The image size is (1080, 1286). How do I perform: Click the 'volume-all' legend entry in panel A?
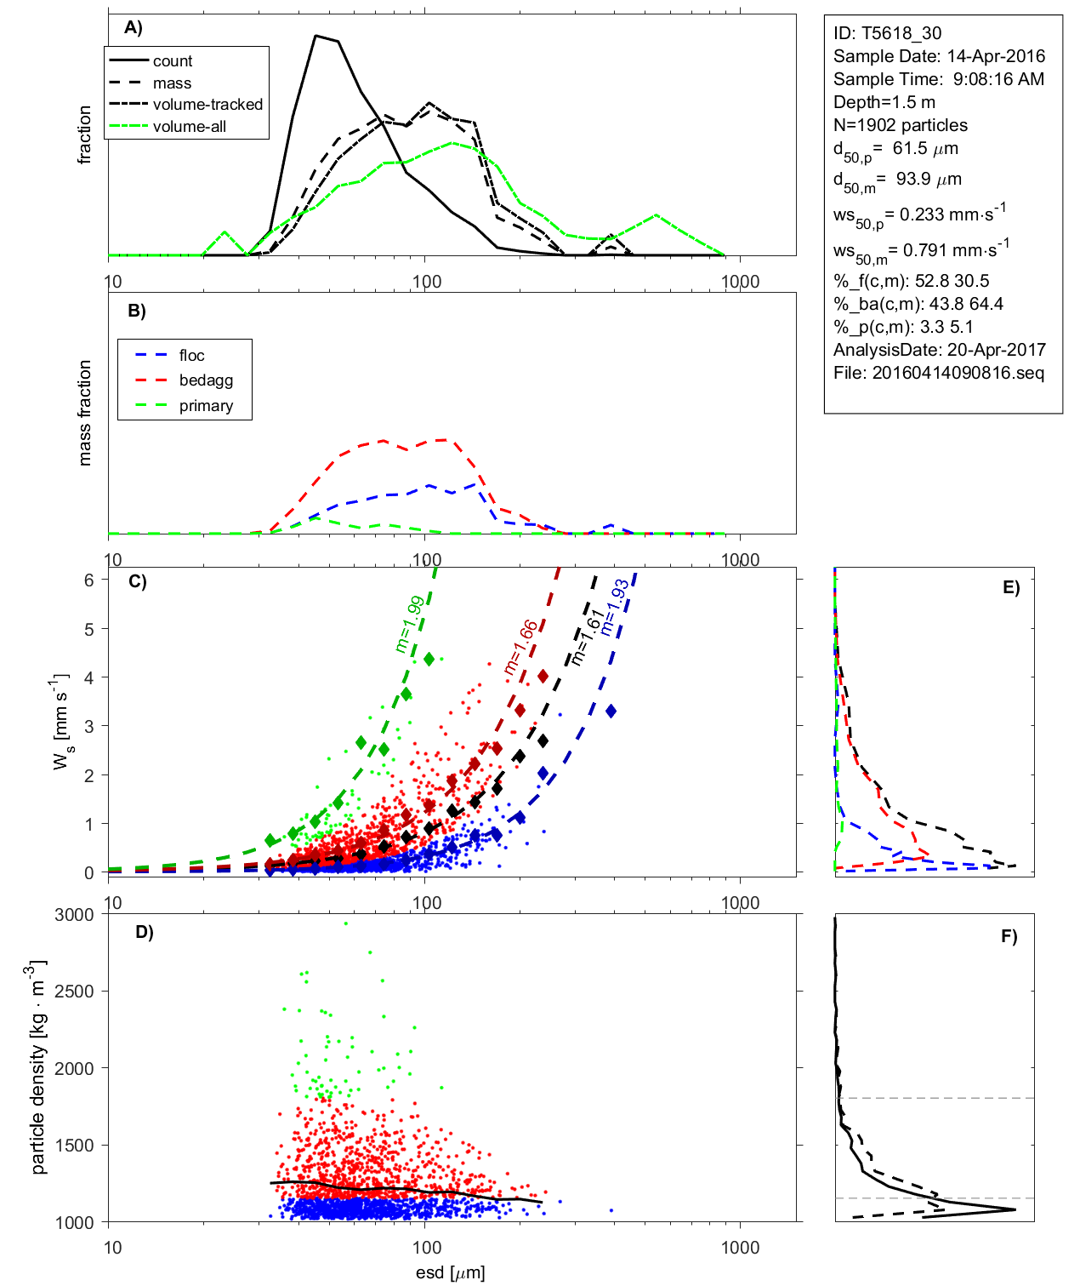[x=189, y=127]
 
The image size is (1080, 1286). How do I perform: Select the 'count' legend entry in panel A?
[x=173, y=61]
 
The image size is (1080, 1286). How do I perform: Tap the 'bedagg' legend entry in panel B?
[x=206, y=380]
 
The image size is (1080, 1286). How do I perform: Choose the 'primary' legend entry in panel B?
[x=206, y=406]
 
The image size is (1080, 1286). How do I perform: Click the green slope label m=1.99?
[x=409, y=625]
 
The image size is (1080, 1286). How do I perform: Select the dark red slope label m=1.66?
[x=520, y=648]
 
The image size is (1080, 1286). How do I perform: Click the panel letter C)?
[x=137, y=582]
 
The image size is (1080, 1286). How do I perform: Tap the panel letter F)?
[x=1009, y=936]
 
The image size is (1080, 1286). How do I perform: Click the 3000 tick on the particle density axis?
[x=74, y=915]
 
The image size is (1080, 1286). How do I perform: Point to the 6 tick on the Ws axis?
[x=88, y=580]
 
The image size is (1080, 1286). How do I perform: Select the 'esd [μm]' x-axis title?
[x=450, y=1272]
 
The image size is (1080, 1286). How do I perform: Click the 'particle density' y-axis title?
[x=39, y=1067]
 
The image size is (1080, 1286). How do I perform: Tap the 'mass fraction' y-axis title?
[x=84, y=413]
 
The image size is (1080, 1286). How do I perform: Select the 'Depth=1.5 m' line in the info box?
[x=884, y=102]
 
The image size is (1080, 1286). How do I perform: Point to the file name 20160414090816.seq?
[x=958, y=373]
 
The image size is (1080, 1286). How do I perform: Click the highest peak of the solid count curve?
[x=316, y=36]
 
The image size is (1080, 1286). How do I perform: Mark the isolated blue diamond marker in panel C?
[x=611, y=711]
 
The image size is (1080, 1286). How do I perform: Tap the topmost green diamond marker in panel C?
[x=429, y=660]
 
